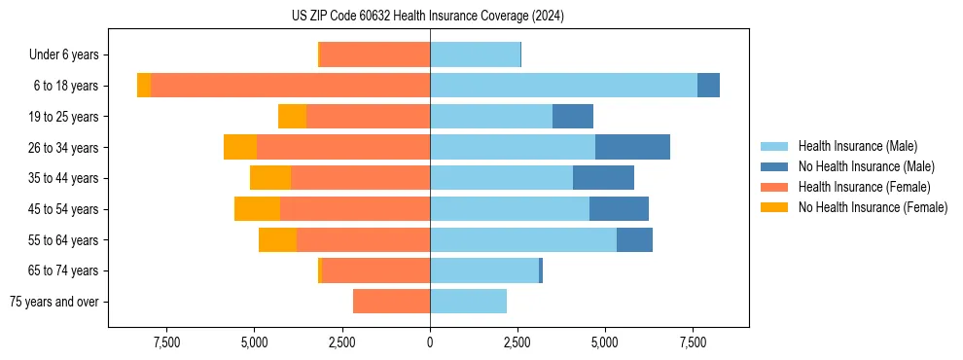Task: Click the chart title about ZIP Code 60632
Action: tap(428, 17)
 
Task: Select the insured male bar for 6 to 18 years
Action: tap(563, 86)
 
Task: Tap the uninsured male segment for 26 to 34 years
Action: tap(632, 147)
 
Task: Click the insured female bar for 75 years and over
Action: tap(391, 302)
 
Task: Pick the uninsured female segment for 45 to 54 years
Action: tap(257, 209)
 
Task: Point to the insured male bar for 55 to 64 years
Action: tap(523, 239)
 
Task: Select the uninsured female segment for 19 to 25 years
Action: tap(292, 117)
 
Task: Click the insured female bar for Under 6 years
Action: tap(374, 55)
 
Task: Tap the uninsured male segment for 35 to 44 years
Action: tap(603, 178)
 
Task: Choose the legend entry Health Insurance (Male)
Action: tap(857, 146)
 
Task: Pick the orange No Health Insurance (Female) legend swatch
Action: tap(775, 207)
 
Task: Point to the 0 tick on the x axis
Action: tap(430, 342)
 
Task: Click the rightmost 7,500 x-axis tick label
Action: tap(693, 342)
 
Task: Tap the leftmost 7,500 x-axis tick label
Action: tap(166, 342)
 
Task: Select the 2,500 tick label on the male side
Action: tap(517, 342)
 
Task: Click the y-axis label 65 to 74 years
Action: tap(64, 270)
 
